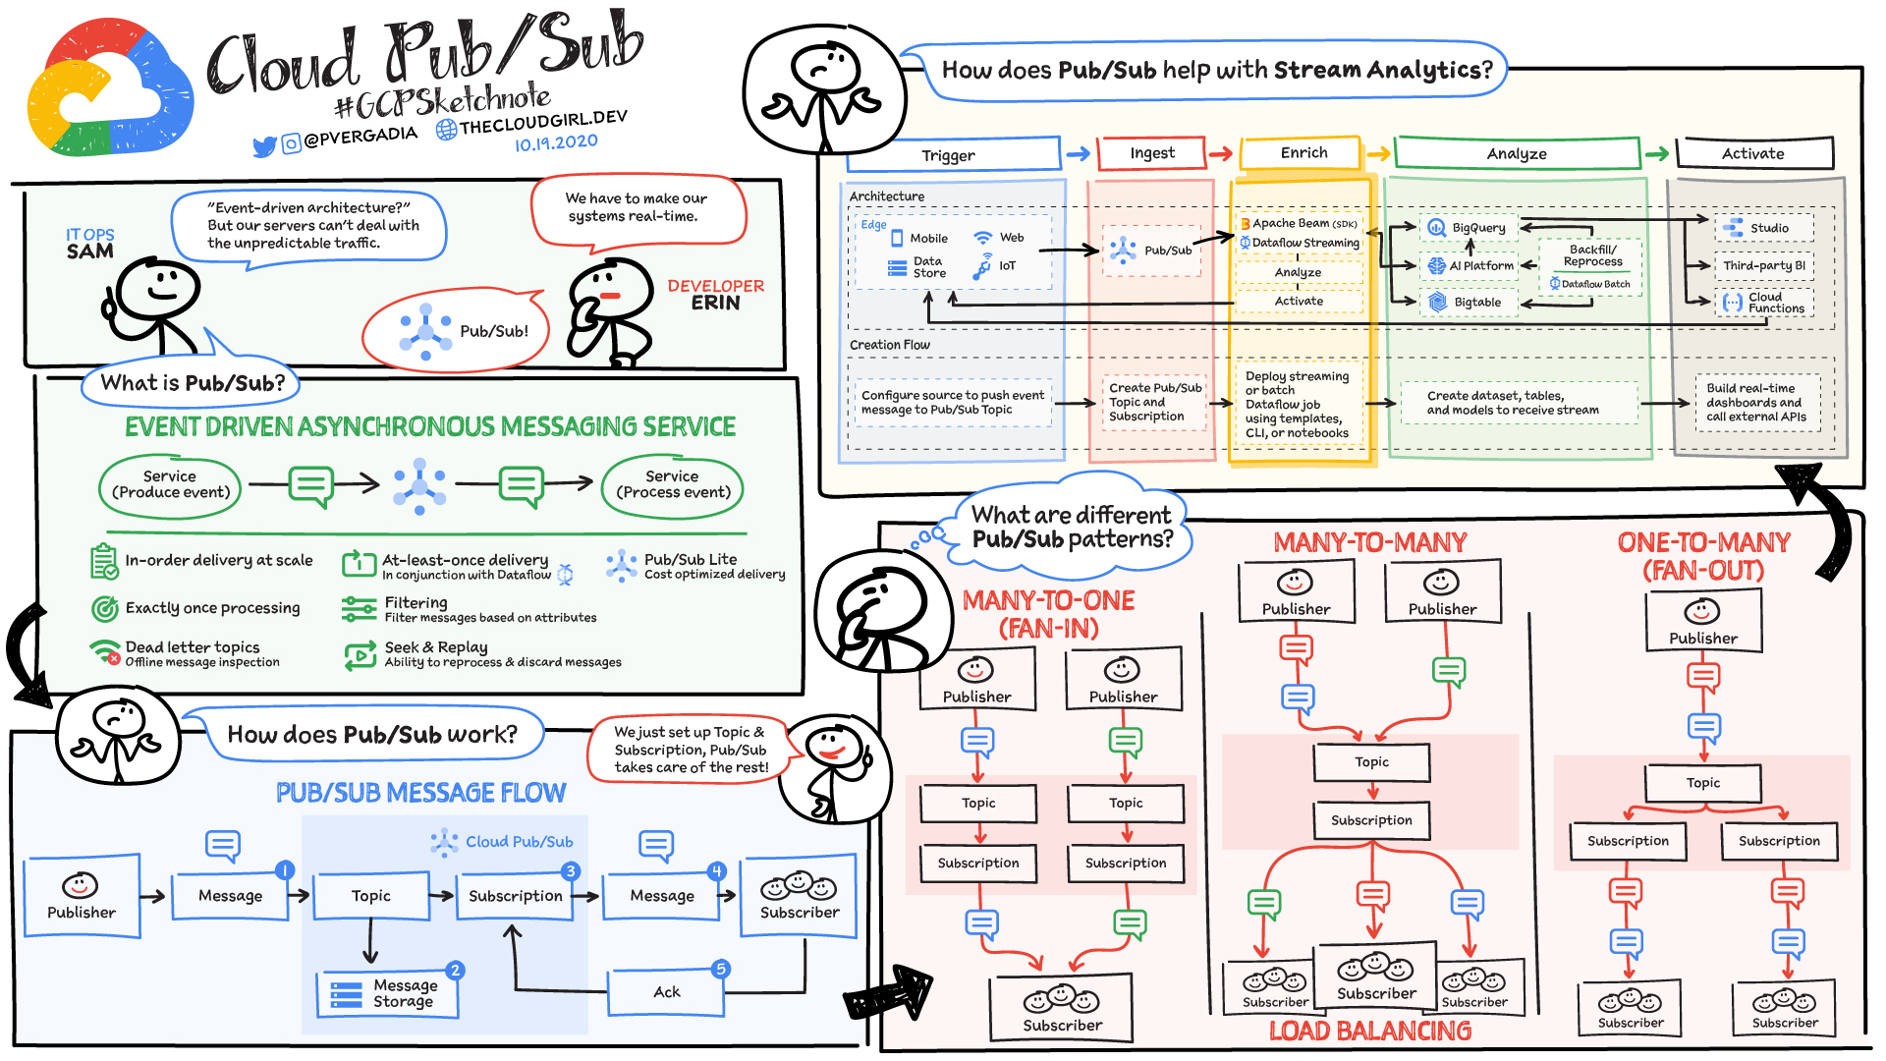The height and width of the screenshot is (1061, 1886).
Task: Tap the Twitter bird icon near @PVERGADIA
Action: (263, 147)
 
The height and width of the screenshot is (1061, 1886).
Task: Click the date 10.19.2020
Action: (556, 142)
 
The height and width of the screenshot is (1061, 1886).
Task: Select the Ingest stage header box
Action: (1151, 153)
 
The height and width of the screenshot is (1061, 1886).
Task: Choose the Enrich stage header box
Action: (1303, 153)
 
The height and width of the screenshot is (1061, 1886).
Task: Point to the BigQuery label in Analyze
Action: (1478, 228)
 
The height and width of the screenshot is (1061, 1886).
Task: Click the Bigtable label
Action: (1477, 303)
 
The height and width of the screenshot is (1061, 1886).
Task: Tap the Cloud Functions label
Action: (1775, 303)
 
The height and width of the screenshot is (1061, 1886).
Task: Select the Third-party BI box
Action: (1763, 265)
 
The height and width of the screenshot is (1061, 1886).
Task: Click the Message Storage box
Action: (389, 993)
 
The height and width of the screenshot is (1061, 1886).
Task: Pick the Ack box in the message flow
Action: (666, 992)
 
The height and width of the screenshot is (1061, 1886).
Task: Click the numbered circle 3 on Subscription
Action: (570, 871)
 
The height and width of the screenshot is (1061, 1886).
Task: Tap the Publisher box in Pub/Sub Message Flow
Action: (82, 896)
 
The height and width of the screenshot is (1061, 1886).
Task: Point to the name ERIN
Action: (715, 304)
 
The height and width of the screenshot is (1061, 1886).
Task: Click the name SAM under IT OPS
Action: (89, 251)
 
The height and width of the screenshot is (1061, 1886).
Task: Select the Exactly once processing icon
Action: (104, 609)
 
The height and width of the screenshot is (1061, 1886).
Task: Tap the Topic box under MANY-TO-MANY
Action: (1371, 762)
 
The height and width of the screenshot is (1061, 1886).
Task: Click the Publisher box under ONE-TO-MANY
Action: (1703, 621)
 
